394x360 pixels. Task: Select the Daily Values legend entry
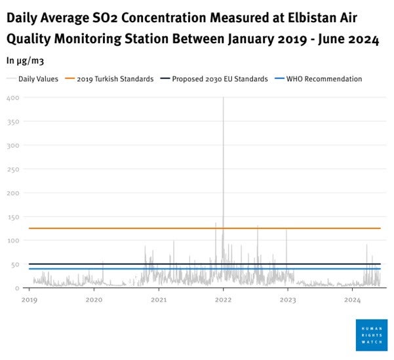tap(37, 79)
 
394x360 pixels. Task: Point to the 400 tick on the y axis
tap(13, 98)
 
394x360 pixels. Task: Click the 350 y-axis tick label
tap(13, 121)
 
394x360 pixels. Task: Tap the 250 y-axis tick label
tap(13, 169)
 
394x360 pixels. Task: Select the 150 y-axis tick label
tap(13, 217)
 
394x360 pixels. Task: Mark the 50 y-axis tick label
tap(14, 264)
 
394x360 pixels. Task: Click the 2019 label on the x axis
tap(30, 300)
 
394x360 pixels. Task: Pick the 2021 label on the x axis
tap(159, 300)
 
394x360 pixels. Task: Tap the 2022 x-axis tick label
tap(224, 300)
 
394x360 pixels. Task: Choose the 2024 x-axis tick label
tap(353, 300)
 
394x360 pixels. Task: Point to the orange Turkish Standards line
tap(131, 228)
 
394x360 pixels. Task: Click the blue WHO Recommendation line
tap(131, 269)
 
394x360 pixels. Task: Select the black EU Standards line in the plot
tap(131, 264)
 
